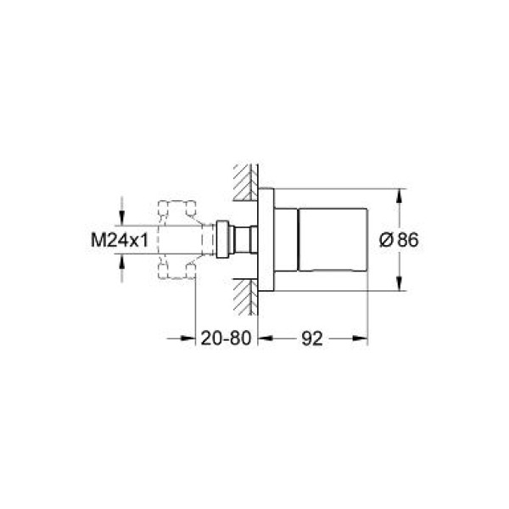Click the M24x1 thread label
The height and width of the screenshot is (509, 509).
click(x=120, y=240)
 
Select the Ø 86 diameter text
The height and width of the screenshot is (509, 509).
click(x=397, y=240)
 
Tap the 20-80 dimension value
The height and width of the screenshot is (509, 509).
click(x=226, y=338)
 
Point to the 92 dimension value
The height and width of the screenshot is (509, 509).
click(x=313, y=338)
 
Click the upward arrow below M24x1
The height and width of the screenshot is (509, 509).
click(x=124, y=266)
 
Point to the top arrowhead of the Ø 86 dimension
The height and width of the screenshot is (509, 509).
click(x=398, y=194)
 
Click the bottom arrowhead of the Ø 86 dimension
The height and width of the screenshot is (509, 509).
click(x=398, y=286)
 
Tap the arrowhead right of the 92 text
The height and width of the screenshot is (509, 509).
click(x=361, y=338)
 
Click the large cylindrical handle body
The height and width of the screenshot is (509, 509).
click(x=331, y=240)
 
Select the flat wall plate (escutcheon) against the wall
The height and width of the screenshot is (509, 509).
click(x=266, y=240)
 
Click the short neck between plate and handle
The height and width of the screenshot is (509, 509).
click(x=286, y=240)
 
